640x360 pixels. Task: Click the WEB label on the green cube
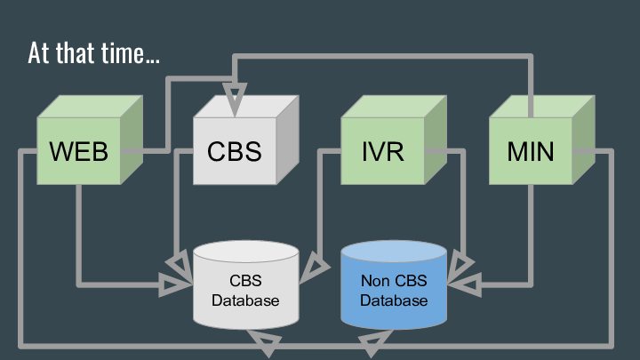click(x=79, y=151)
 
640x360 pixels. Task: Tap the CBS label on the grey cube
click(x=235, y=151)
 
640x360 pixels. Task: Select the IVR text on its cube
click(x=383, y=151)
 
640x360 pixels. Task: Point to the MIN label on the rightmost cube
click(x=531, y=151)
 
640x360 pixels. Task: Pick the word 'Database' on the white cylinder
click(x=245, y=300)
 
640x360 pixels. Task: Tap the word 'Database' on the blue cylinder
click(x=394, y=300)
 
